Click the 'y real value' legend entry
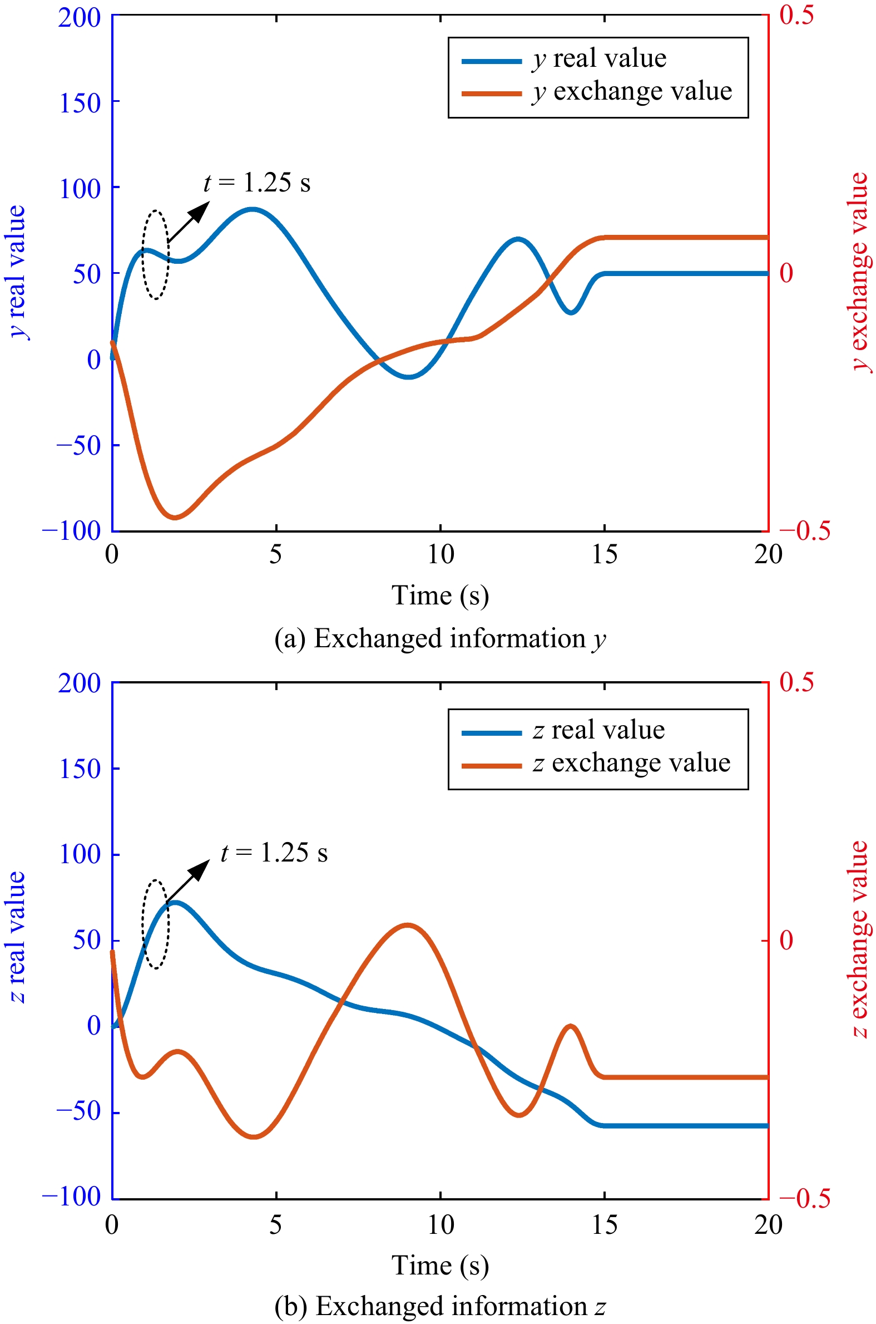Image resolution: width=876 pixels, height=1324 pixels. point(564,59)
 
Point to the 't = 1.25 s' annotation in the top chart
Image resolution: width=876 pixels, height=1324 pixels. point(257,183)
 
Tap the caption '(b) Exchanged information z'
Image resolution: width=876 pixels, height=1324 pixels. point(441,1307)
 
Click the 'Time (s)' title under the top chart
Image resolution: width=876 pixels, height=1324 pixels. point(441,595)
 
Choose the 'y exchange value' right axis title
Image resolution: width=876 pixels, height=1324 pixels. point(860,272)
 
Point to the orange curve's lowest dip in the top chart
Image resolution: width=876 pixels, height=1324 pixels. point(175,518)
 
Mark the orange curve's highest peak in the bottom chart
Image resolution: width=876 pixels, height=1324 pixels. point(407,925)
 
